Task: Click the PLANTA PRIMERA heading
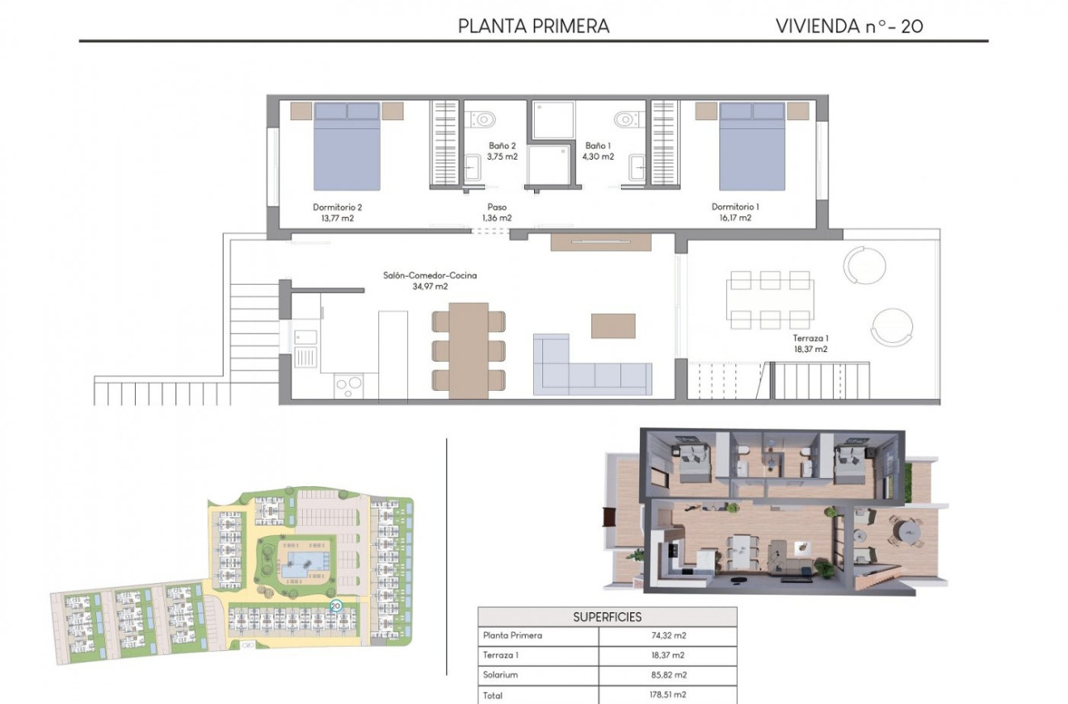pos(534,26)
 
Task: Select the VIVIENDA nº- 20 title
pos(849,26)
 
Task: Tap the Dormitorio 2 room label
pos(337,212)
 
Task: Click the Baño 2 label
pos(502,151)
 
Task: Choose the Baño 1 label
pos(599,151)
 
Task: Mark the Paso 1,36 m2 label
pos(497,213)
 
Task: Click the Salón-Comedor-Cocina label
pos(430,281)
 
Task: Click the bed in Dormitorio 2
pos(347,147)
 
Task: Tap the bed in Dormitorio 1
pos(752,147)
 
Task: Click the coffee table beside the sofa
pos(613,325)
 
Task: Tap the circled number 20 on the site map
pos(336,605)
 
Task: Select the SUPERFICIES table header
pos(607,617)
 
